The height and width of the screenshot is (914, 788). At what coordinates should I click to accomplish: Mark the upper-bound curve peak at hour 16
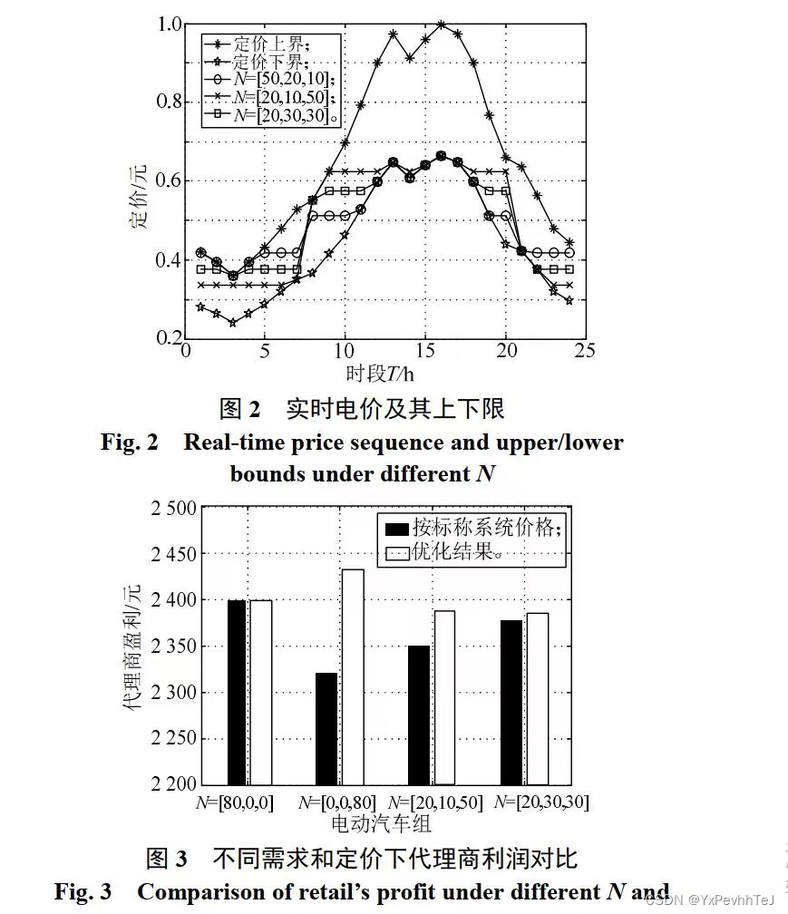441,24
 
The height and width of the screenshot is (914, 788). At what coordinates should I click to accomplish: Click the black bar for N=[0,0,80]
326,728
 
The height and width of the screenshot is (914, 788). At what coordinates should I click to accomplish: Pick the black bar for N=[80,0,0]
237,692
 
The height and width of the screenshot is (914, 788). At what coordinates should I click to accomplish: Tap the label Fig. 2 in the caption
130,442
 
